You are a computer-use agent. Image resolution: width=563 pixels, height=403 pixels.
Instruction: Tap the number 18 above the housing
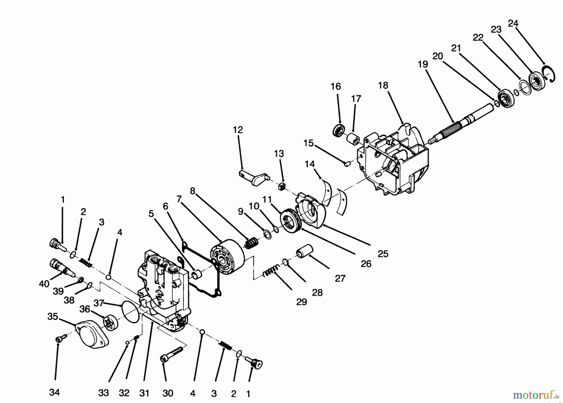point(383,85)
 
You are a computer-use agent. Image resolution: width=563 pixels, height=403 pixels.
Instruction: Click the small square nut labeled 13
point(281,187)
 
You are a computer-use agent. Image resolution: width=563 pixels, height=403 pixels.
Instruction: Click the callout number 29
point(302,302)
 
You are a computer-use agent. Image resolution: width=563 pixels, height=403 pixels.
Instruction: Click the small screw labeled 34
point(61,338)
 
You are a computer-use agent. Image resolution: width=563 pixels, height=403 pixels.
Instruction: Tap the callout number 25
point(383,254)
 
